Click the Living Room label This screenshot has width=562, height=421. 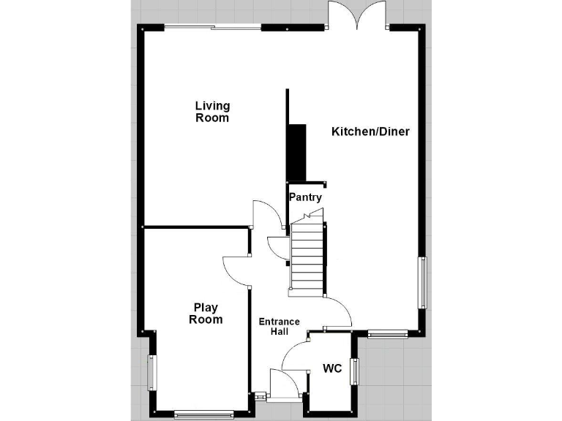click(212, 112)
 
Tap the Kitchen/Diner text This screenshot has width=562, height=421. click(370, 132)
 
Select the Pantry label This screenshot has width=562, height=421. click(305, 197)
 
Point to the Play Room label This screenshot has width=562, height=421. click(206, 314)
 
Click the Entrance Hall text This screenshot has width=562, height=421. click(279, 327)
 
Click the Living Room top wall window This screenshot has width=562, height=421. click(213, 28)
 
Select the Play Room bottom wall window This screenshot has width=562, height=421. click(204, 414)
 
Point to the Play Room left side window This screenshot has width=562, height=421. click(153, 372)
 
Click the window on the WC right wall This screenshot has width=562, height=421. click(355, 371)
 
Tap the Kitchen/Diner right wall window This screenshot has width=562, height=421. click(422, 283)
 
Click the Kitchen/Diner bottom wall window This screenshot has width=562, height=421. click(387, 335)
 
